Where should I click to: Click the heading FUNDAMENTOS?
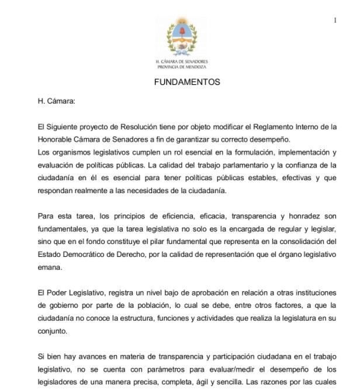coord(187,82)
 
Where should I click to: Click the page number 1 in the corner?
coord(335,20)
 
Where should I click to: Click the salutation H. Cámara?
coord(57,101)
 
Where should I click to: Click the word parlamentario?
coord(218,165)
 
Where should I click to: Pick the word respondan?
coord(57,191)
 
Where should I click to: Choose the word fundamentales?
coord(64,229)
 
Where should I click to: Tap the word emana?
coord(50,267)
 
